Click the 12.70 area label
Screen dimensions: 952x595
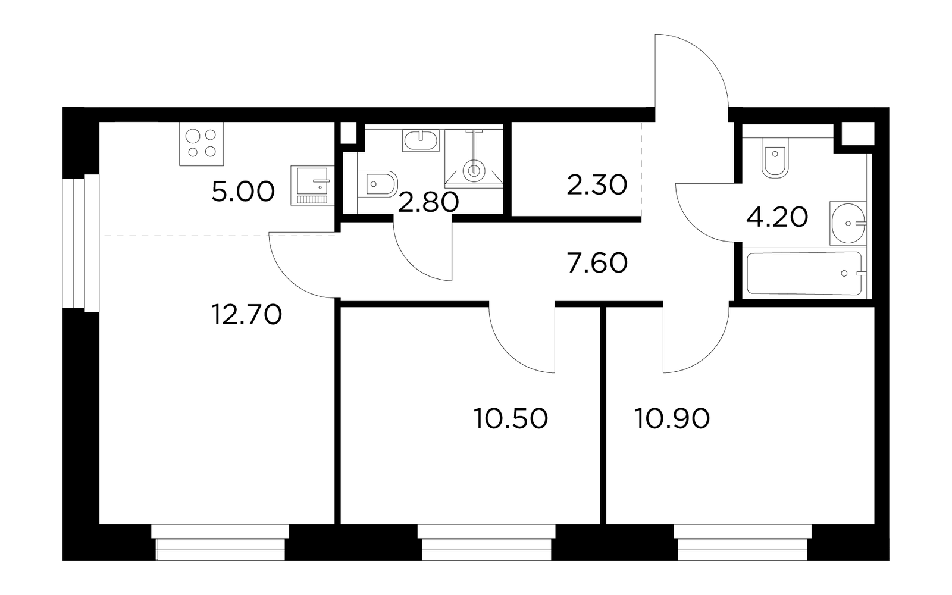[246, 315]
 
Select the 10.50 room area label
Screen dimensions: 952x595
[511, 418]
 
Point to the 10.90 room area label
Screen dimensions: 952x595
[672, 418]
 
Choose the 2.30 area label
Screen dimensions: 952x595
[597, 185]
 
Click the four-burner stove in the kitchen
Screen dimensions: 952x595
[202, 143]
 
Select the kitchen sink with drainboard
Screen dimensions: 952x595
[312, 186]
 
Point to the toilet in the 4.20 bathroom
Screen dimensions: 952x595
[775, 158]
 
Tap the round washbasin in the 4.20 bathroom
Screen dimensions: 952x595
[848, 223]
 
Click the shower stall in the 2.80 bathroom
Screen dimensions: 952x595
[474, 158]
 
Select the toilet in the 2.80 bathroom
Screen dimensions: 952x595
[377, 184]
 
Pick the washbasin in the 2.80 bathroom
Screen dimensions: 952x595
[421, 140]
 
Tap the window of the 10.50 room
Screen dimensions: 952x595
[486, 543]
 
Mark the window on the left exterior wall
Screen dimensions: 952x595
[81, 243]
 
